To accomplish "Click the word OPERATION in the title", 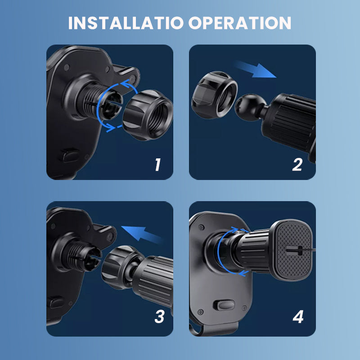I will [x=240, y=23].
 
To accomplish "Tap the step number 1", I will [x=157, y=165].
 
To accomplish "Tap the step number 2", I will [x=297, y=165].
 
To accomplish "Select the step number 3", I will [x=159, y=317].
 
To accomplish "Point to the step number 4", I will [x=298, y=317].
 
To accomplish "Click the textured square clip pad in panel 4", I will [x=295, y=250].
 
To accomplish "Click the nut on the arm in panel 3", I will [x=118, y=270].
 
